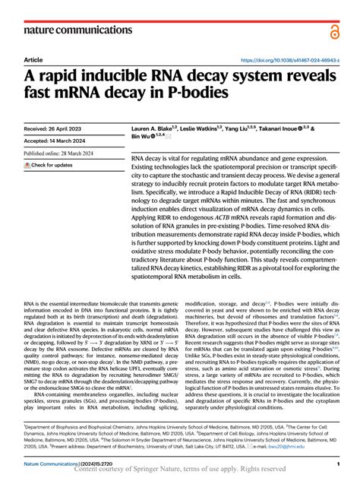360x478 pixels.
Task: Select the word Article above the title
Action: (33, 59)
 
